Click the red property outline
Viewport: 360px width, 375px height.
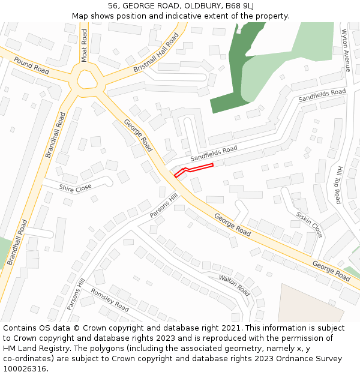[x=193, y=169]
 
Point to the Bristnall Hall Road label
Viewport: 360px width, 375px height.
[x=156, y=53]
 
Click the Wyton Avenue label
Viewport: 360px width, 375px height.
[x=346, y=50]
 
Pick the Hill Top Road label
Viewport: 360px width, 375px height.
[x=338, y=185]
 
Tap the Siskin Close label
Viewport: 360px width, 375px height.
[x=309, y=224]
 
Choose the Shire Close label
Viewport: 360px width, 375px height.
[x=75, y=188]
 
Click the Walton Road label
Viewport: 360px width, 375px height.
[x=234, y=285]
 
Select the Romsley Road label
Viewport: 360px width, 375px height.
[x=109, y=299]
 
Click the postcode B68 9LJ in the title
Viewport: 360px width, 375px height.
[x=237, y=5]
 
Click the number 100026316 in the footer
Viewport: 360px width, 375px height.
[x=25, y=368]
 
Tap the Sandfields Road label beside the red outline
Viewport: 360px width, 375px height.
[x=214, y=153]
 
